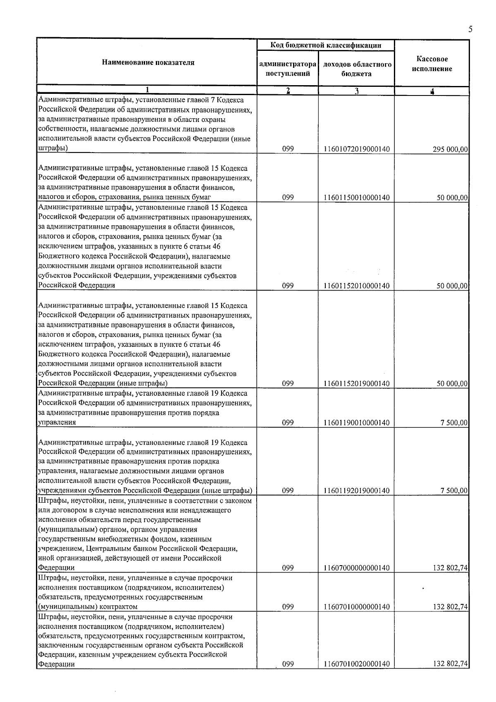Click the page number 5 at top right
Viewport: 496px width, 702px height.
coord(470,29)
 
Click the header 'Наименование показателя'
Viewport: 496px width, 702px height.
coord(148,63)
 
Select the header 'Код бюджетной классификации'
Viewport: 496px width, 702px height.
coord(326,45)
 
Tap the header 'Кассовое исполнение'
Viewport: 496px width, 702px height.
coord(432,64)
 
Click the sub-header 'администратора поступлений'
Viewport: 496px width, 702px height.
coord(288,69)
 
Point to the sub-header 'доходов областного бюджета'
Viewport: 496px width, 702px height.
coord(357,69)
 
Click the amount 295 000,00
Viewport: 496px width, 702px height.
coord(450,149)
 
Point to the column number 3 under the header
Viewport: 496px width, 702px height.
coord(356,91)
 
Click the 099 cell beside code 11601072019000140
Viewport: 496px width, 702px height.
coord(288,149)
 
